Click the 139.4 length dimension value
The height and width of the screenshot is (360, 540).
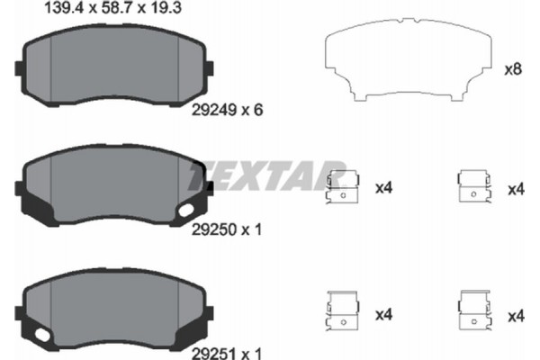(60, 9)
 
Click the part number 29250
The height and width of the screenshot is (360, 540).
(211, 229)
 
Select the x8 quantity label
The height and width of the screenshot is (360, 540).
(514, 68)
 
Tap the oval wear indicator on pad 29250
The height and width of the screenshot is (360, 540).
(192, 210)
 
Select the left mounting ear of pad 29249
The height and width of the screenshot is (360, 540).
(20, 67)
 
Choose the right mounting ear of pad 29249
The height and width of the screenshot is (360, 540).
(212, 67)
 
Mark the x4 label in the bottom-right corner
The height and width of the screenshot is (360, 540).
(516, 315)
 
